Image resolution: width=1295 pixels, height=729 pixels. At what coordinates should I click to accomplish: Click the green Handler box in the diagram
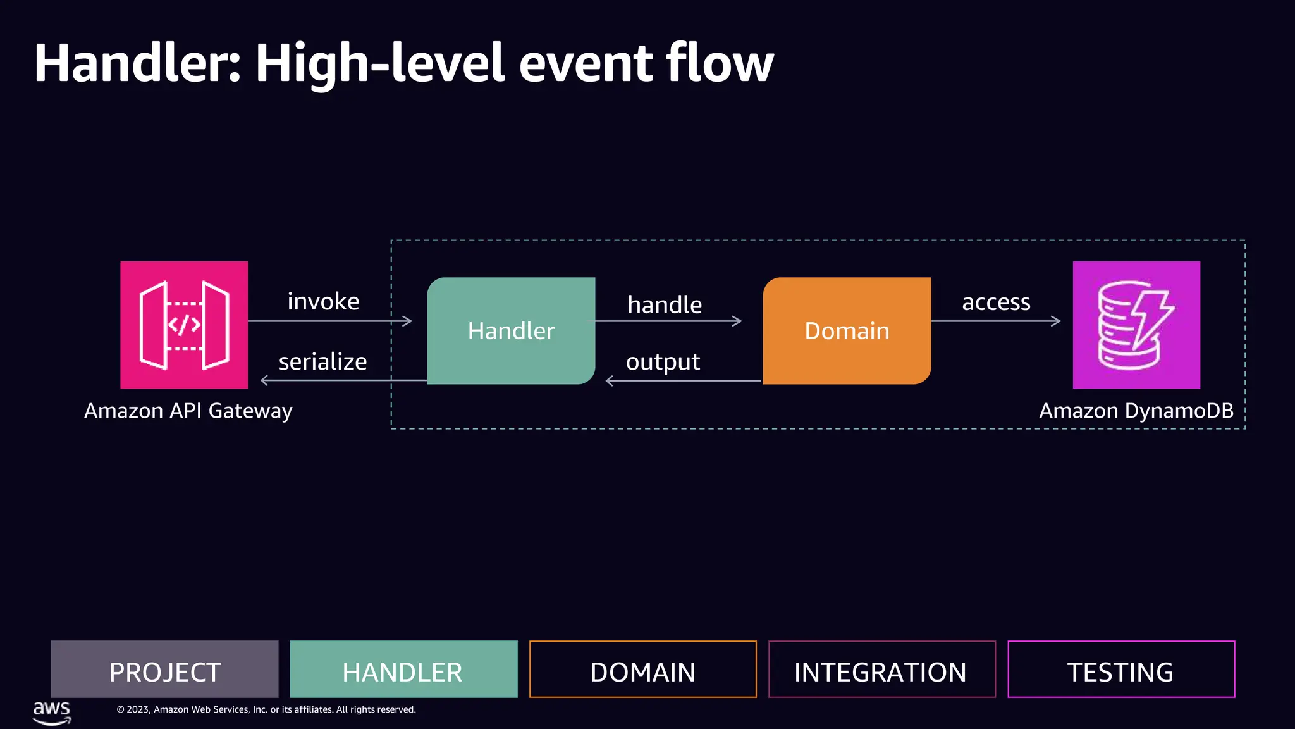[511, 330]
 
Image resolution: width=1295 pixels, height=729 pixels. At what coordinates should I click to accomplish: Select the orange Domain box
[847, 330]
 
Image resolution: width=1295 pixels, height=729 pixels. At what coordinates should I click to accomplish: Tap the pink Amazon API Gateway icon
[184, 325]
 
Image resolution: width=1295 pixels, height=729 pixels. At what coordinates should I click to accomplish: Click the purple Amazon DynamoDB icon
[1136, 325]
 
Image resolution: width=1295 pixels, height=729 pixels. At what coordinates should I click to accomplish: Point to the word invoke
[323, 301]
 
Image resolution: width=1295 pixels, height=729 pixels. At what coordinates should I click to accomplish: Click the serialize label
[322, 361]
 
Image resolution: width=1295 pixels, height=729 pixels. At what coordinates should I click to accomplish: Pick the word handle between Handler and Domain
[665, 304]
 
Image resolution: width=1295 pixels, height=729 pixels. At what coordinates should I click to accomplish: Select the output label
[663, 362]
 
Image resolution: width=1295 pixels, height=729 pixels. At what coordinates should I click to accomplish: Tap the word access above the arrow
[996, 302]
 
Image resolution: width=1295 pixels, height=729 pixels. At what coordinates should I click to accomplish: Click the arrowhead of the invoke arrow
[408, 321]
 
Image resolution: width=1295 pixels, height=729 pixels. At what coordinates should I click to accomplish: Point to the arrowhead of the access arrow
[1057, 321]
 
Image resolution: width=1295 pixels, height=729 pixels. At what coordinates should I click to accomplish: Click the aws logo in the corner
[52, 712]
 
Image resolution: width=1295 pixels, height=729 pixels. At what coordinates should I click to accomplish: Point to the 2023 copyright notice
[266, 709]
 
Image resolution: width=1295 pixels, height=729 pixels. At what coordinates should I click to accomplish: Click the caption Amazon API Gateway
[188, 411]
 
